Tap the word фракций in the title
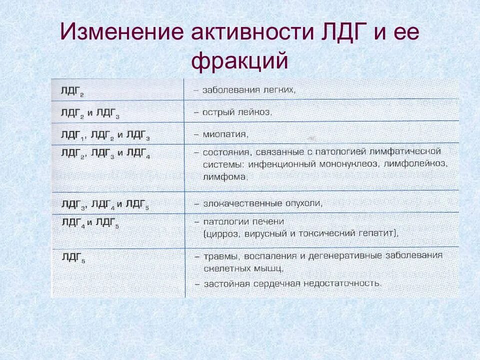coord(240,61)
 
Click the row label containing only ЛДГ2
coord(72,91)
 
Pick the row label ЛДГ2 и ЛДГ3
coord(89,113)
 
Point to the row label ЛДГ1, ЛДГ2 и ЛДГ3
coord(105,135)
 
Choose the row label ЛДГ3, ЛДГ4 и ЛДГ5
coord(105,204)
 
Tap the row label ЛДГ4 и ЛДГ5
coord(89,222)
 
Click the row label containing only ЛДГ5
coord(73,257)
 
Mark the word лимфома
coord(225,176)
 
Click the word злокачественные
coord(240,204)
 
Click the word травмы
coord(220,256)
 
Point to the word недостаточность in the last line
coord(344,283)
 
